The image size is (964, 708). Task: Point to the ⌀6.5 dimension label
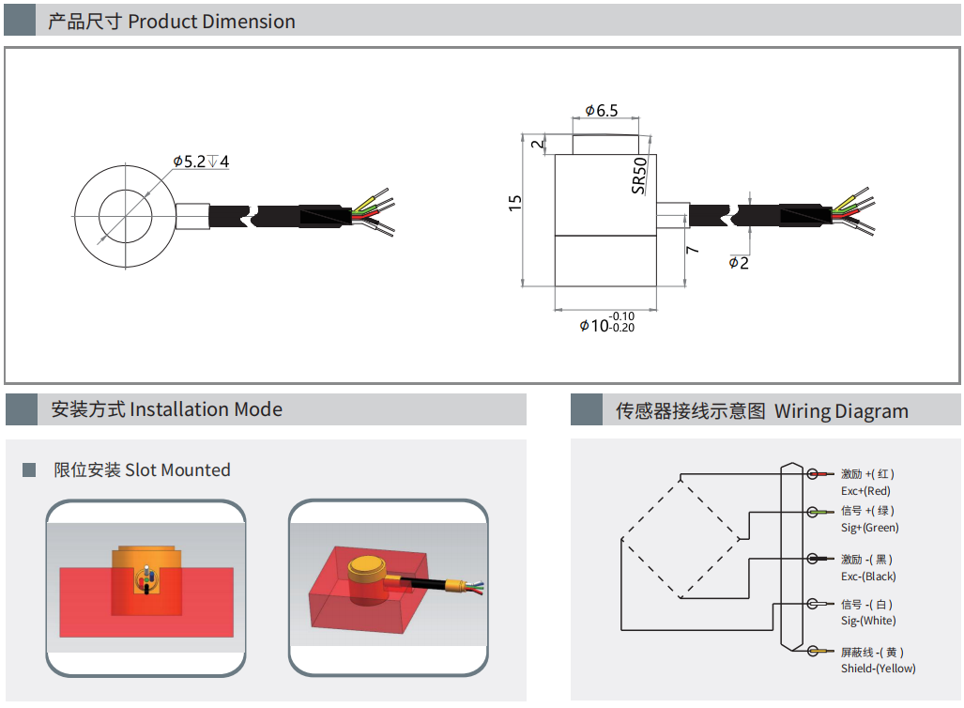click(602, 111)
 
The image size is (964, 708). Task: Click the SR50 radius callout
click(639, 175)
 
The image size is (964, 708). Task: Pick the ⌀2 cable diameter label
click(740, 263)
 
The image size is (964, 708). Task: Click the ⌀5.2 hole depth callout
click(201, 162)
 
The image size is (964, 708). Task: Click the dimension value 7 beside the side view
click(692, 251)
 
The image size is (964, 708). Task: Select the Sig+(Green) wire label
click(870, 528)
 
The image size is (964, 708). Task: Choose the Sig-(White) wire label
click(868, 621)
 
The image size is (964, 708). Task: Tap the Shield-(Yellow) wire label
click(878, 669)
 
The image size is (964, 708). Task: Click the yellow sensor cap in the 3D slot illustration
click(365, 565)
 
